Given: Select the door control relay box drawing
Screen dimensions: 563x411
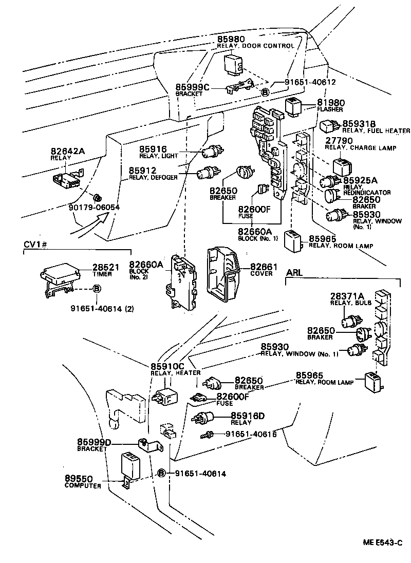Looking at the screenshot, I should [233, 64].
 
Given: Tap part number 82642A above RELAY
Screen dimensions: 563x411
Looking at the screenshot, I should [67, 151].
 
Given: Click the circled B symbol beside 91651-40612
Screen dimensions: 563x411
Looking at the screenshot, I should [265, 92].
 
